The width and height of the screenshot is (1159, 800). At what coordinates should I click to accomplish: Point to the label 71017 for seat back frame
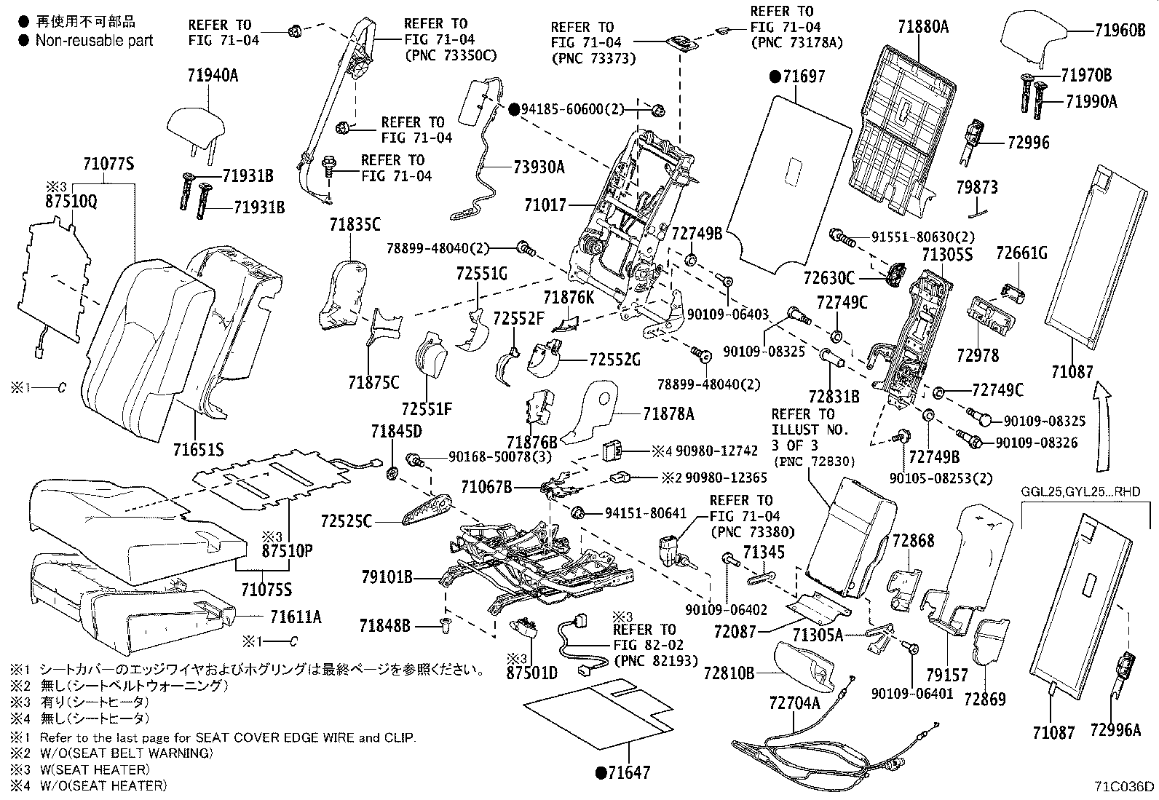tap(545, 206)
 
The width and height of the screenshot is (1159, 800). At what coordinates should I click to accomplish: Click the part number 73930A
tap(539, 167)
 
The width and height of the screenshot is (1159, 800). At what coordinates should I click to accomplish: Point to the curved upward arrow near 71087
tap(1104, 429)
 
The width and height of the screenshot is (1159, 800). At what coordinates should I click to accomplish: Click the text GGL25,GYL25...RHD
tap(1080, 492)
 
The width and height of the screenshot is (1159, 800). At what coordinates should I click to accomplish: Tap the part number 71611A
tap(295, 617)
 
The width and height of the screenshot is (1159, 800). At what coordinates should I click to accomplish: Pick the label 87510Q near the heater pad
tap(71, 202)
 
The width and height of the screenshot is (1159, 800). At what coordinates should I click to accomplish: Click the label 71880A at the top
tap(923, 28)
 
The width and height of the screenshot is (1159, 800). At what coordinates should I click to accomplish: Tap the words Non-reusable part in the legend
tap(95, 41)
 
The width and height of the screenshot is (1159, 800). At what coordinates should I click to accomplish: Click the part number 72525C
tap(347, 521)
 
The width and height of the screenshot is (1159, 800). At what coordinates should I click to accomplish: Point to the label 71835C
tap(354, 224)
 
